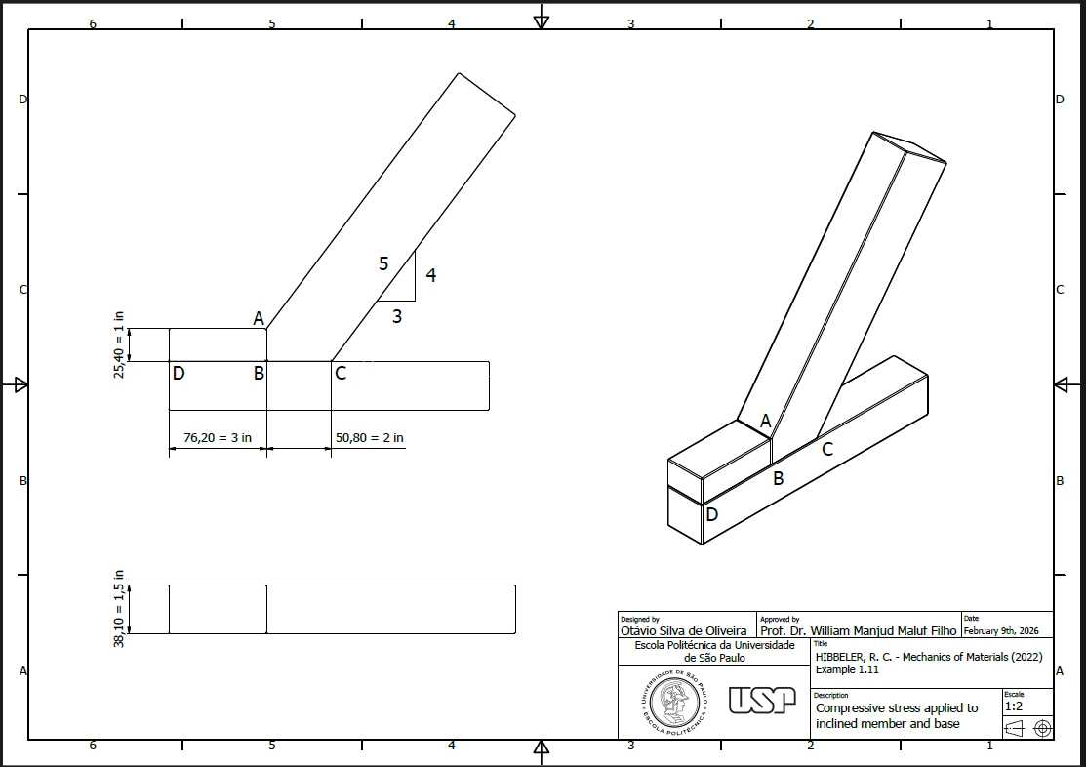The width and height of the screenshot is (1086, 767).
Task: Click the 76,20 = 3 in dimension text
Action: tap(218, 438)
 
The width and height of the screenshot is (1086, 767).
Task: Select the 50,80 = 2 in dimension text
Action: tap(370, 438)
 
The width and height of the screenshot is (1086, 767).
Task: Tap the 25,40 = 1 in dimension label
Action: tap(119, 344)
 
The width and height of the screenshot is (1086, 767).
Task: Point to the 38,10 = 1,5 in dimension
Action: tap(119, 609)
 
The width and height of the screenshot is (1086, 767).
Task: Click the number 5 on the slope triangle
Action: tap(383, 264)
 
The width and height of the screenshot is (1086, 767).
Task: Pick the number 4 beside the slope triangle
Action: tap(431, 275)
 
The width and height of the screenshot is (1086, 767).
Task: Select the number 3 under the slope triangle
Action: tap(397, 316)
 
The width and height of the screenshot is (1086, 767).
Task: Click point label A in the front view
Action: tap(259, 318)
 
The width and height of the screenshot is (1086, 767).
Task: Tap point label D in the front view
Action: tap(179, 374)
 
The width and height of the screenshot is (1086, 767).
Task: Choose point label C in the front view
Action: tap(341, 374)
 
